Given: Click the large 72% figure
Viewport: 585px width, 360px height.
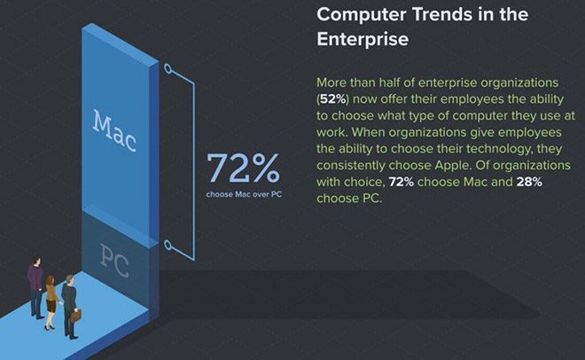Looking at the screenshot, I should coord(243,168).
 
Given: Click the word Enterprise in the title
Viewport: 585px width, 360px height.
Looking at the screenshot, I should coord(364,40).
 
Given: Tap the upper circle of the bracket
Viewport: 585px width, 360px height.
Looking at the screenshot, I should coord(168,67).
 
